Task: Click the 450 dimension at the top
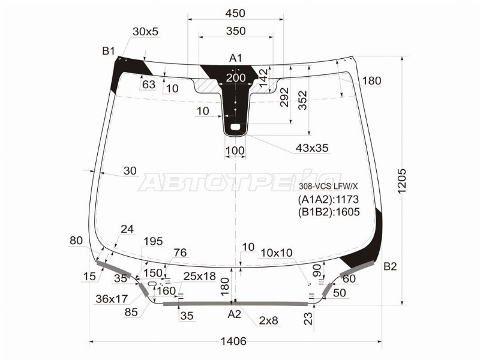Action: click(x=235, y=13)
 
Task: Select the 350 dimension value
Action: click(x=236, y=31)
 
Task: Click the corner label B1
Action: click(x=109, y=51)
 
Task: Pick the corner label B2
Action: click(x=390, y=266)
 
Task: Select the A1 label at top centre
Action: click(x=236, y=58)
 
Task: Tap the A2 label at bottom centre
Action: click(x=235, y=314)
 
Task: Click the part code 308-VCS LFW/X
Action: click(x=329, y=186)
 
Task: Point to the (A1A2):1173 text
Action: click(x=328, y=200)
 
